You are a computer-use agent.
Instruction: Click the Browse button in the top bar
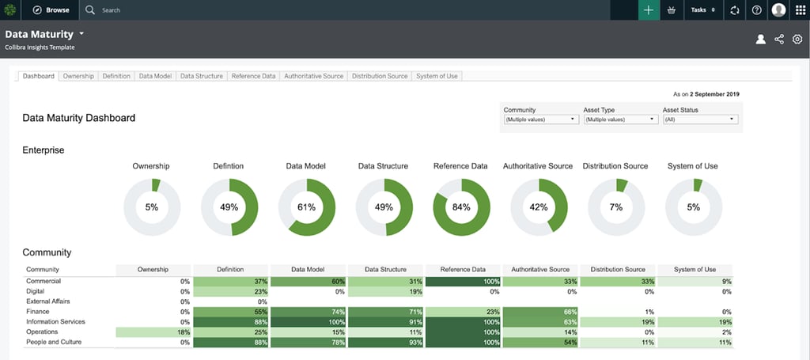pos(51,10)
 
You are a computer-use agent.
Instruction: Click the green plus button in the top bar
pos(649,10)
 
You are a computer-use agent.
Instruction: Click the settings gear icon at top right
pos(797,39)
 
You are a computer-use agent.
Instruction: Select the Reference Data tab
pos(253,76)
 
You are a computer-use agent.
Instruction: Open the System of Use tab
pos(437,76)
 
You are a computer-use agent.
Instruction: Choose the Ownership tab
pos(78,76)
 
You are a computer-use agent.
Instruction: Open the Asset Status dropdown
pos(699,119)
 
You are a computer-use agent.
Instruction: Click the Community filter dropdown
pos(541,119)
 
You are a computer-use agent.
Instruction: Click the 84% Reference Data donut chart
pos(461,207)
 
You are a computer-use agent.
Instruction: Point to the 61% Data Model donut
pos(306,207)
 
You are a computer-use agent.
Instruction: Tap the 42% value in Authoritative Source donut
pos(538,207)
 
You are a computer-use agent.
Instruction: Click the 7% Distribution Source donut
pos(615,207)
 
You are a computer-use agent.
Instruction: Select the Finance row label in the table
pos(39,312)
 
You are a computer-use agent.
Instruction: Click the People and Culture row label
pos(53,343)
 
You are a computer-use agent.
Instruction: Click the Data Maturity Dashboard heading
pos(78,118)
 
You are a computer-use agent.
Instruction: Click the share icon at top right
pos(779,39)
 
